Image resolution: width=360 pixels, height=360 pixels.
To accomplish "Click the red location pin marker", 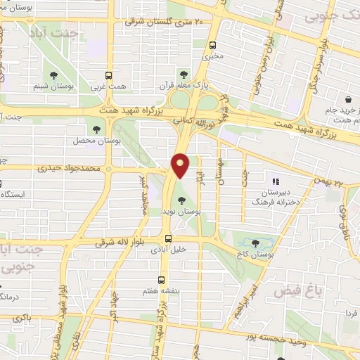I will (x=181, y=165).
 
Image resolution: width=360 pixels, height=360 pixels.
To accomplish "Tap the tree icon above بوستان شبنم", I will (x=52, y=75).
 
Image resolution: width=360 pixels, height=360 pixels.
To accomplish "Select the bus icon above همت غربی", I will (x=108, y=75).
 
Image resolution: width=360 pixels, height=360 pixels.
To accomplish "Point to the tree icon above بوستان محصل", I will (x=96, y=129).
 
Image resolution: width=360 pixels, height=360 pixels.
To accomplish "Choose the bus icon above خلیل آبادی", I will (x=168, y=238).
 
